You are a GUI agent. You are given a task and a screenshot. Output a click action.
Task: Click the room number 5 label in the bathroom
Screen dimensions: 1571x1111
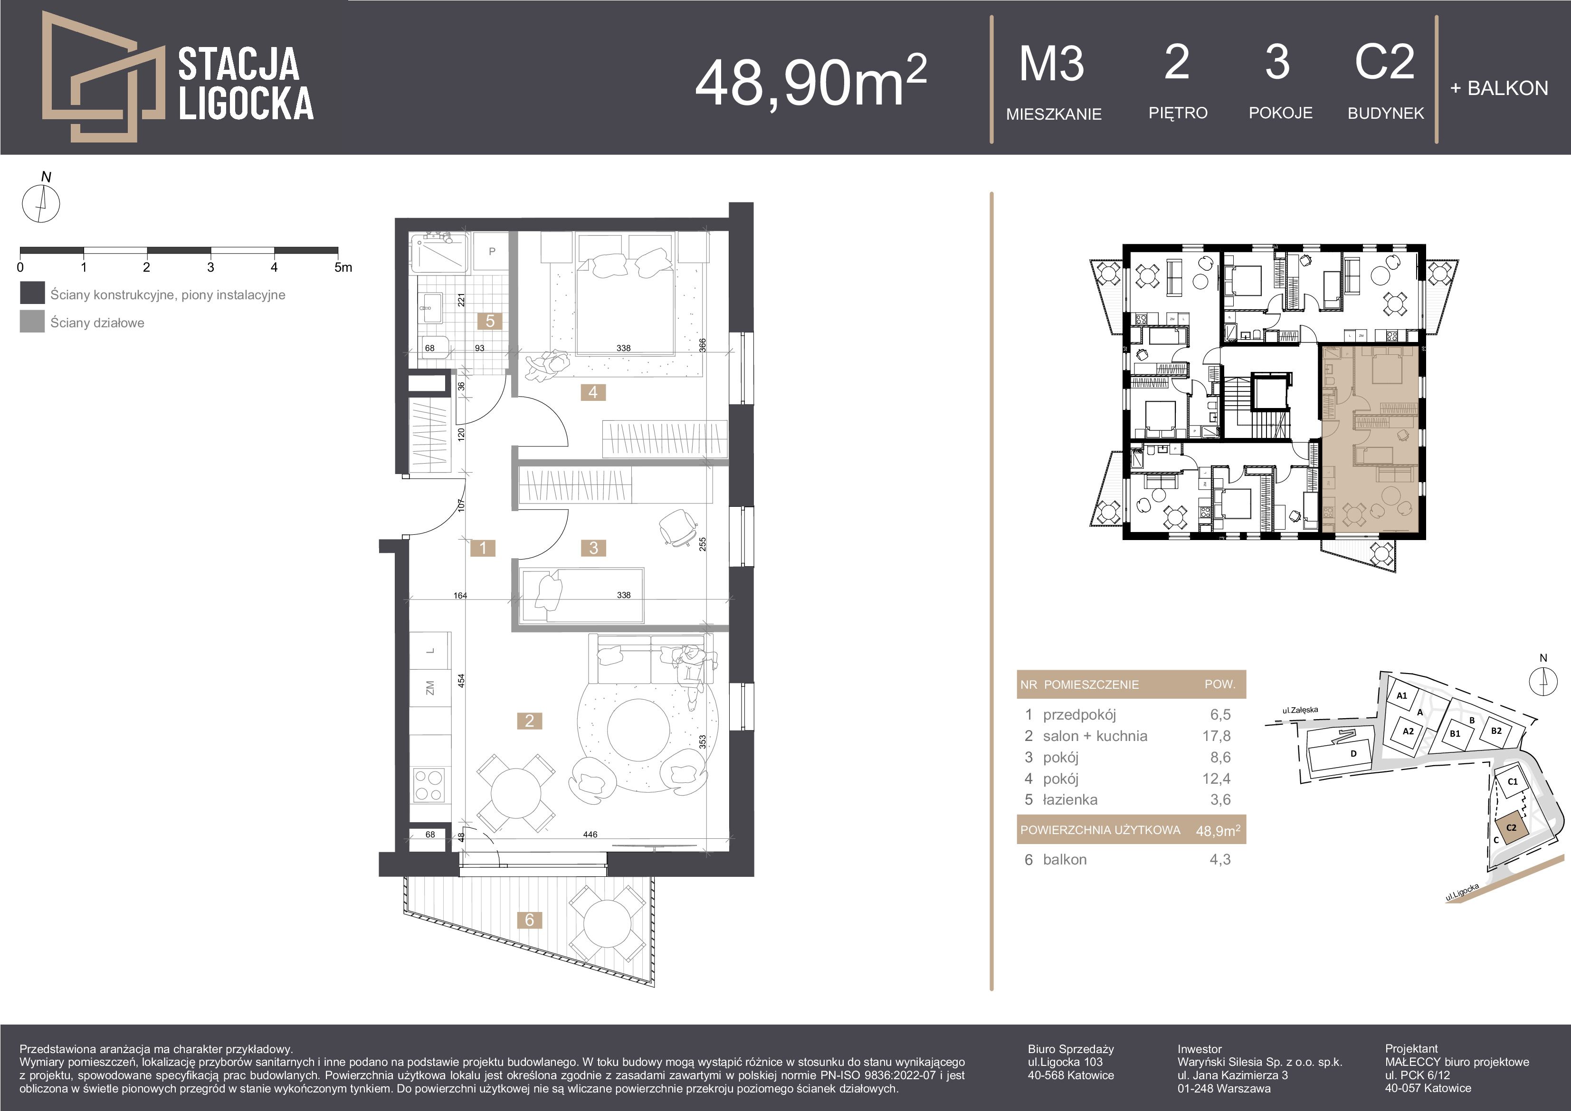pyautogui.click(x=490, y=321)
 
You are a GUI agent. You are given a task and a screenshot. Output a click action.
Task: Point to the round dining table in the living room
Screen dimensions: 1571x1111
pyautogui.click(x=516, y=794)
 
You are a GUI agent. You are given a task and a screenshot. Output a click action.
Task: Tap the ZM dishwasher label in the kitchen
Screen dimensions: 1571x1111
pyautogui.click(x=430, y=687)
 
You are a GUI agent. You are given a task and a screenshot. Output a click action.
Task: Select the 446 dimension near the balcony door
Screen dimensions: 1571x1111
pyautogui.click(x=590, y=834)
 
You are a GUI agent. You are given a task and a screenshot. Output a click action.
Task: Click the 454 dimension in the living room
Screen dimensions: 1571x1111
pyautogui.click(x=461, y=681)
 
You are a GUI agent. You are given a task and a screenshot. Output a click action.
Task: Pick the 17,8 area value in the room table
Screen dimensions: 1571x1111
pyautogui.click(x=1220, y=736)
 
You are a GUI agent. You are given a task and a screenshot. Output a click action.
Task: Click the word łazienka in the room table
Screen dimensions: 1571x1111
pyautogui.click(x=1070, y=800)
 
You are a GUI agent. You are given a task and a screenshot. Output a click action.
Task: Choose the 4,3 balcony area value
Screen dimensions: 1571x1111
pyautogui.click(x=1220, y=860)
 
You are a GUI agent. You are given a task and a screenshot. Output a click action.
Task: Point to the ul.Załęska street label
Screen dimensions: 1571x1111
pyautogui.click(x=1300, y=710)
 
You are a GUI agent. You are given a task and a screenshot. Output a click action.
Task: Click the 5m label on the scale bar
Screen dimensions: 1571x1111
pyautogui.click(x=343, y=267)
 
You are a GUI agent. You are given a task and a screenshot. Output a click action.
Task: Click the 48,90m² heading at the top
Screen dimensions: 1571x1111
pyautogui.click(x=811, y=81)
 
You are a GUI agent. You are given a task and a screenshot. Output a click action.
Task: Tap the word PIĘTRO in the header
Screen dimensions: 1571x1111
pyautogui.click(x=1178, y=113)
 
